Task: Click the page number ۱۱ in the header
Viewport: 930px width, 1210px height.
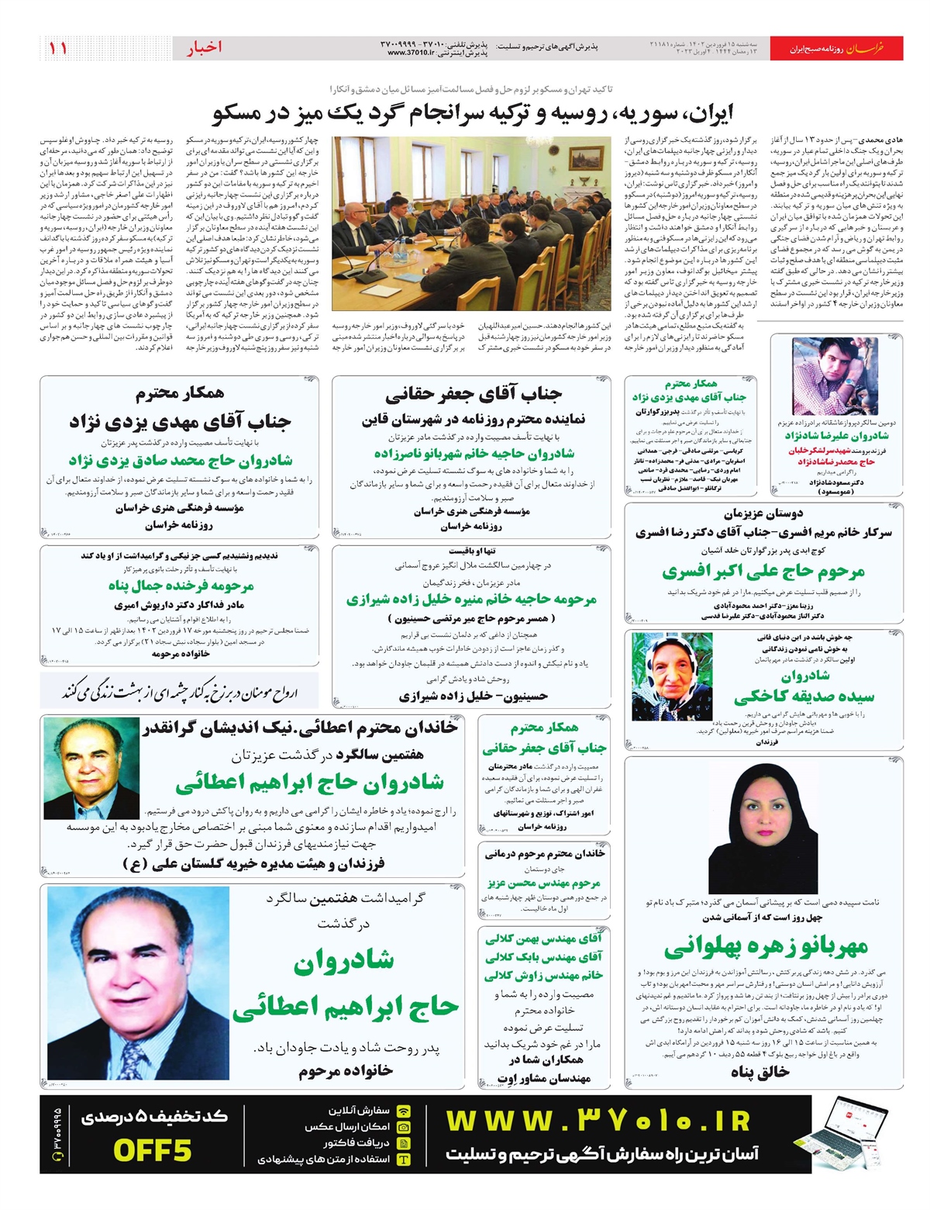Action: (58, 48)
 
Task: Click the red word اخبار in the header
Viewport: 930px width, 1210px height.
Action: (204, 48)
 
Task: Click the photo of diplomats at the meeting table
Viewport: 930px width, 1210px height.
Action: (472, 223)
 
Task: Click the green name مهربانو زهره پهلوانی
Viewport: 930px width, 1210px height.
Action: (766, 947)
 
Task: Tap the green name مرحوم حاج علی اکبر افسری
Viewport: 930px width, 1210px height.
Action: (763, 572)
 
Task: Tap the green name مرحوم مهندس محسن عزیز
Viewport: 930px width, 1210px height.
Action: (544, 883)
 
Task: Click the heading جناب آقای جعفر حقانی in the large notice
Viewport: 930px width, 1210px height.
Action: (474, 394)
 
